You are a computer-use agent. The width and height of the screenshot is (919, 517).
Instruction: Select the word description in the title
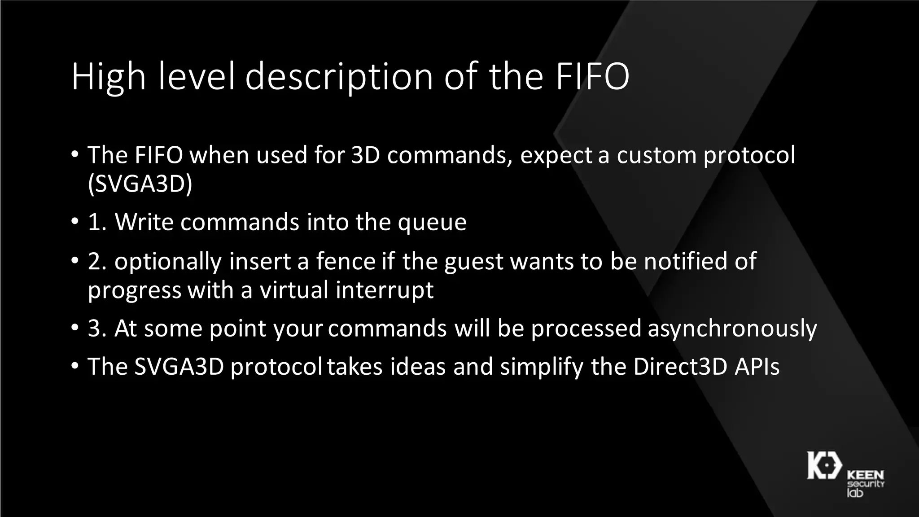pos(339,77)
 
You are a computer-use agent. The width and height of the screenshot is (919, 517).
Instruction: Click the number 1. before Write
pos(97,222)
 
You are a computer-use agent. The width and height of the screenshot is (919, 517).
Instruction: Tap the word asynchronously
pos(732,329)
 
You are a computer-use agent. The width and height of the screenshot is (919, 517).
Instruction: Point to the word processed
pos(586,329)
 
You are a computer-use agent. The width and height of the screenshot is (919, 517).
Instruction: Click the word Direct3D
pos(680,366)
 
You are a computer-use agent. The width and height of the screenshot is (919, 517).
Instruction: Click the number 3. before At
pos(97,328)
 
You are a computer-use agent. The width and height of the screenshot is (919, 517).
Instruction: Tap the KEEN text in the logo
pos(865,475)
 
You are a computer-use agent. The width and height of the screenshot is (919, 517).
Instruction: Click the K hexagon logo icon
pos(824,466)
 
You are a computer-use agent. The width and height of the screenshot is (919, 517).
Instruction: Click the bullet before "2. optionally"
pos(74,261)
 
